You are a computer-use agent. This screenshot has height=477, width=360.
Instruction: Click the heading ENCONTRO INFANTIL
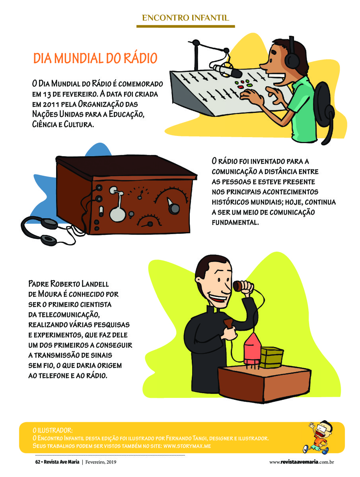(x=185, y=17)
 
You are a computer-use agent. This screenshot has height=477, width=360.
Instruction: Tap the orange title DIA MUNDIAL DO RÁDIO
(x=95, y=58)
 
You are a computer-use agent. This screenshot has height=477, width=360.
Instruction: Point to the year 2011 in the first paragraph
(x=51, y=104)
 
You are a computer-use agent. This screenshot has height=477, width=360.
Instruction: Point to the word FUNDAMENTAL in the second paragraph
(x=235, y=222)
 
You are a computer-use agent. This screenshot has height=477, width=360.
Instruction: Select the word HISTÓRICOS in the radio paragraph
(x=230, y=202)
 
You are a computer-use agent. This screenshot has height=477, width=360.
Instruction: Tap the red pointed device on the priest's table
(x=252, y=349)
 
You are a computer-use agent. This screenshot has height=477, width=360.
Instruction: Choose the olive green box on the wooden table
(x=272, y=357)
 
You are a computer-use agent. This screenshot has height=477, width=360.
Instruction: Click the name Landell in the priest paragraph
(x=95, y=284)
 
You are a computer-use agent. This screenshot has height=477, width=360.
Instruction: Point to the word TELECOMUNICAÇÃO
(x=69, y=315)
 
